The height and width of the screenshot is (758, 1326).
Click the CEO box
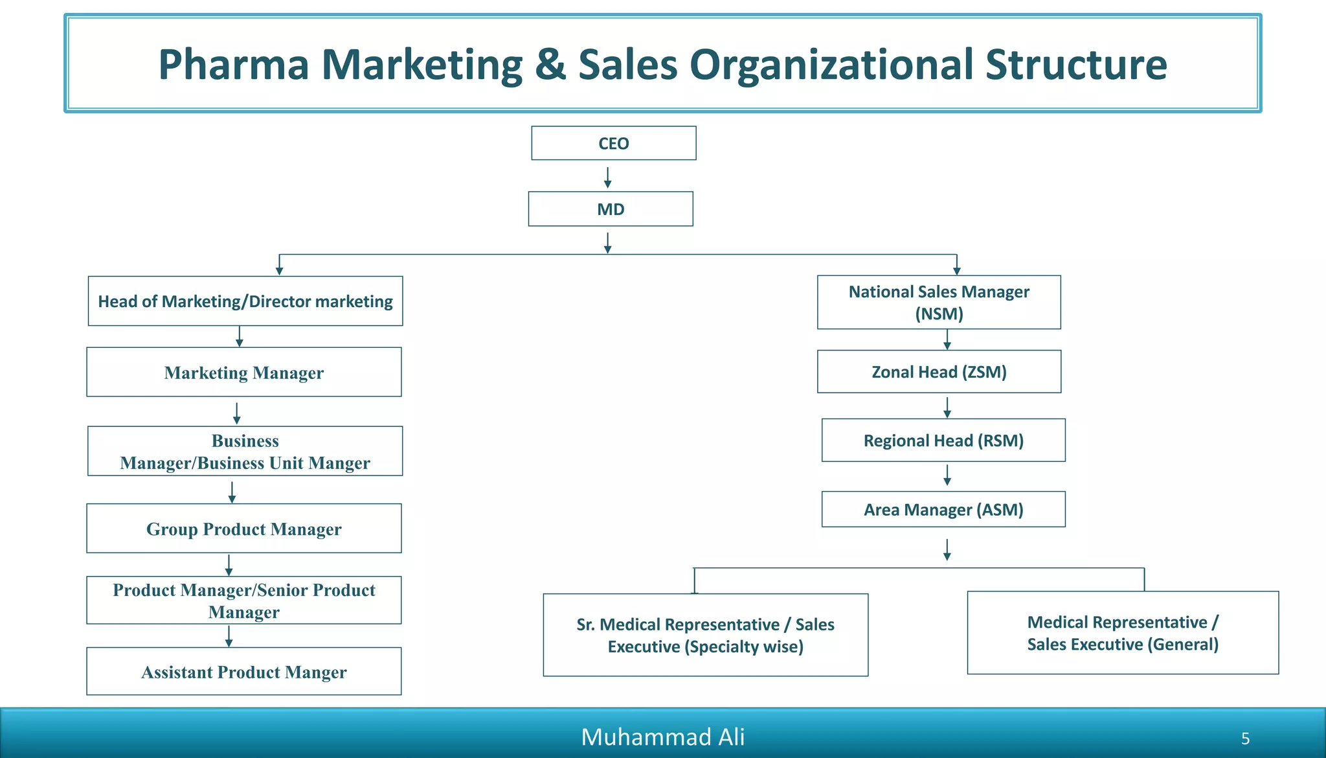point(614,143)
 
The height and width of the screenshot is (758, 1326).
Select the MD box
point(611,209)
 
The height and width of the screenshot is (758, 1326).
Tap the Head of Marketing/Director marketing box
point(245,301)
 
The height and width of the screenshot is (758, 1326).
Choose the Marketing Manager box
point(244,372)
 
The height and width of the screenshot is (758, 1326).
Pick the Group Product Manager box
point(244,528)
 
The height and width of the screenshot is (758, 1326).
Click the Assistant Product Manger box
point(244,671)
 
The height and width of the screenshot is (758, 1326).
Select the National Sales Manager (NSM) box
point(939,303)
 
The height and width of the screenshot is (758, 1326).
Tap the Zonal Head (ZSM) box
point(939,372)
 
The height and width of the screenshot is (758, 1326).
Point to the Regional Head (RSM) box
point(943,440)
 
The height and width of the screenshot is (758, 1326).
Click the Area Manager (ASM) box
point(943,509)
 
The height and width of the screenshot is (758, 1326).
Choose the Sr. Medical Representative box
point(706,635)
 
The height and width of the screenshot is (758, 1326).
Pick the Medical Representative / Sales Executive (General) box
point(1123,633)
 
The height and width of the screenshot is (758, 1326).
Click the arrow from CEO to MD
point(607,178)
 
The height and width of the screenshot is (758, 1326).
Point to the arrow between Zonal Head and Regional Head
point(947,408)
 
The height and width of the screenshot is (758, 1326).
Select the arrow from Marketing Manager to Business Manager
point(236,413)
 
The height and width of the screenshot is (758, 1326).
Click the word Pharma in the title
point(234,65)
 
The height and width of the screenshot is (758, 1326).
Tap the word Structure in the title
point(1076,65)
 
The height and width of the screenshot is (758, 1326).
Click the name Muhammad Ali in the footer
point(663,737)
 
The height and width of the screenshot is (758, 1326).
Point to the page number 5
point(1245,739)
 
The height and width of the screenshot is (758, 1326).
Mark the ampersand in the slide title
point(550,65)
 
